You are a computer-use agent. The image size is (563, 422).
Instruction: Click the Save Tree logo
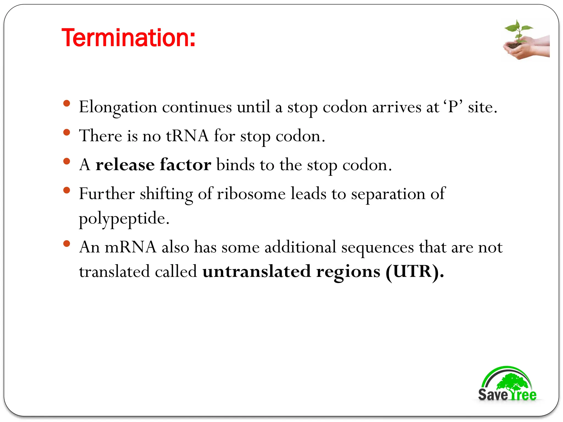click(507, 385)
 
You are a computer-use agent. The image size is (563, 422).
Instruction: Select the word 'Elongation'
click(118, 107)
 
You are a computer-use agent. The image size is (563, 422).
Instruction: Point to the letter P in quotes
click(453, 107)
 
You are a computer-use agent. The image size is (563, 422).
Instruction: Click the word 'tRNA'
click(187, 136)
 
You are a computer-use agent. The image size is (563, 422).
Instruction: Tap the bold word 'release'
click(125, 165)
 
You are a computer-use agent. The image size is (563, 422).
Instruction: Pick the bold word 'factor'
click(186, 165)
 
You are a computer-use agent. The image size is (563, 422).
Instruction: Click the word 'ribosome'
click(251, 194)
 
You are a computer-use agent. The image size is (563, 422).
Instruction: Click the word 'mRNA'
click(131, 247)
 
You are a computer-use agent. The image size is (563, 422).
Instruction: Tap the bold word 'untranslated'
click(257, 272)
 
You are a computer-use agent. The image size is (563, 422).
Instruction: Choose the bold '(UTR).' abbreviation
click(415, 272)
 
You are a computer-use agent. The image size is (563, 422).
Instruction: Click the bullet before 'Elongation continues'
click(67, 104)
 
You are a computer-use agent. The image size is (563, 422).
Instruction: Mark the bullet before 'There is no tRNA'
click(67, 132)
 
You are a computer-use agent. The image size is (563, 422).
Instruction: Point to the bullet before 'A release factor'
click(67, 161)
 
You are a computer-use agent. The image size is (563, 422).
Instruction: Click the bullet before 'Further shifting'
click(67, 190)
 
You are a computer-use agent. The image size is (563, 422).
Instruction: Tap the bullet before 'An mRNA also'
click(67, 243)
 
